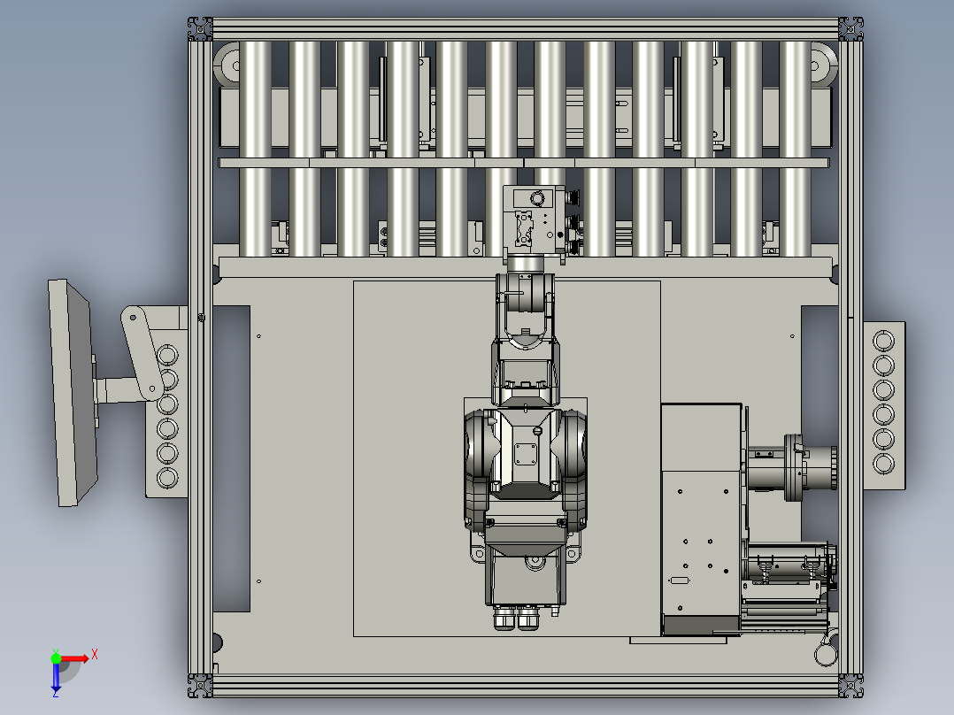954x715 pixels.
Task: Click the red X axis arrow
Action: [73, 658]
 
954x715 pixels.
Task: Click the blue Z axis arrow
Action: [56, 677]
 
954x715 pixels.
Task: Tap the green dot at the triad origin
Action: [56, 658]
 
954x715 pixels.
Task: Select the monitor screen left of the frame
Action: [72, 393]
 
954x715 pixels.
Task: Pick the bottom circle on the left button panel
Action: [167, 478]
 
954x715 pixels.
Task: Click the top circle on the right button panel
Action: [883, 341]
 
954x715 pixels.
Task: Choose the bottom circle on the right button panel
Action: [883, 464]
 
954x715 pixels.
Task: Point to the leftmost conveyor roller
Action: [255, 149]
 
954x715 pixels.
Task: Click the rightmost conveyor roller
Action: [795, 149]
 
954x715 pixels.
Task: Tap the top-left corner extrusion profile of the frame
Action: [200, 28]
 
